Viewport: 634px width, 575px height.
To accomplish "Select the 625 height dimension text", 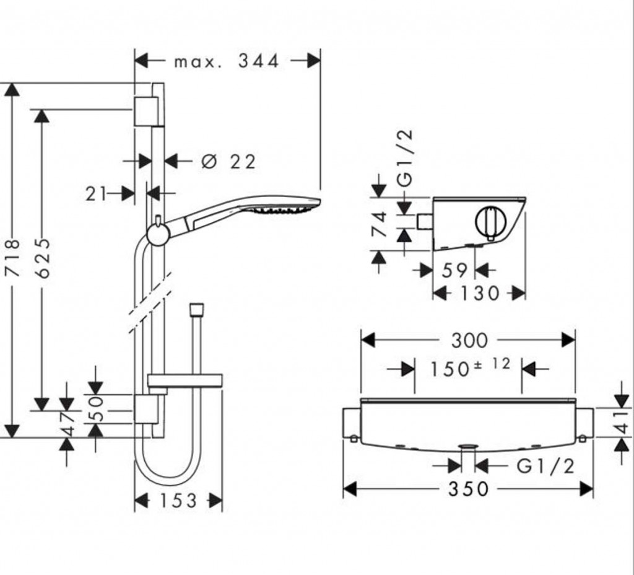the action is [x=43, y=258].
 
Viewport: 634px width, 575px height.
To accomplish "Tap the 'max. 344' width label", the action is [x=227, y=61].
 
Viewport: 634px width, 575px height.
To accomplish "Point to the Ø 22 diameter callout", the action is [x=228, y=162].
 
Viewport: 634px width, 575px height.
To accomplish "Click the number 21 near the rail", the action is [x=96, y=194].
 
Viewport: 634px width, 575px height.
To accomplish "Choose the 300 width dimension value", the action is [x=469, y=341].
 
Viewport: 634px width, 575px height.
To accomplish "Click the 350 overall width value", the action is [x=469, y=489].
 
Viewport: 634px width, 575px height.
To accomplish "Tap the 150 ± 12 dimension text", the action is [x=470, y=367].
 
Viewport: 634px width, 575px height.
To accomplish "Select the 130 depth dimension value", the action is [x=480, y=293].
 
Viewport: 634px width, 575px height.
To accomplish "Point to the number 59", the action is [x=454, y=270].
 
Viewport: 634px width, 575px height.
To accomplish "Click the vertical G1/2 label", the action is [x=405, y=157].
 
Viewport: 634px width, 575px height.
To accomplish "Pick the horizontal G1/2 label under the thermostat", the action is [x=545, y=467].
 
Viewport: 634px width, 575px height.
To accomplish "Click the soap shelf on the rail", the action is [x=185, y=381].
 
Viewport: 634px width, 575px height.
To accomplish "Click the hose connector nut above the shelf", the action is [x=196, y=310].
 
